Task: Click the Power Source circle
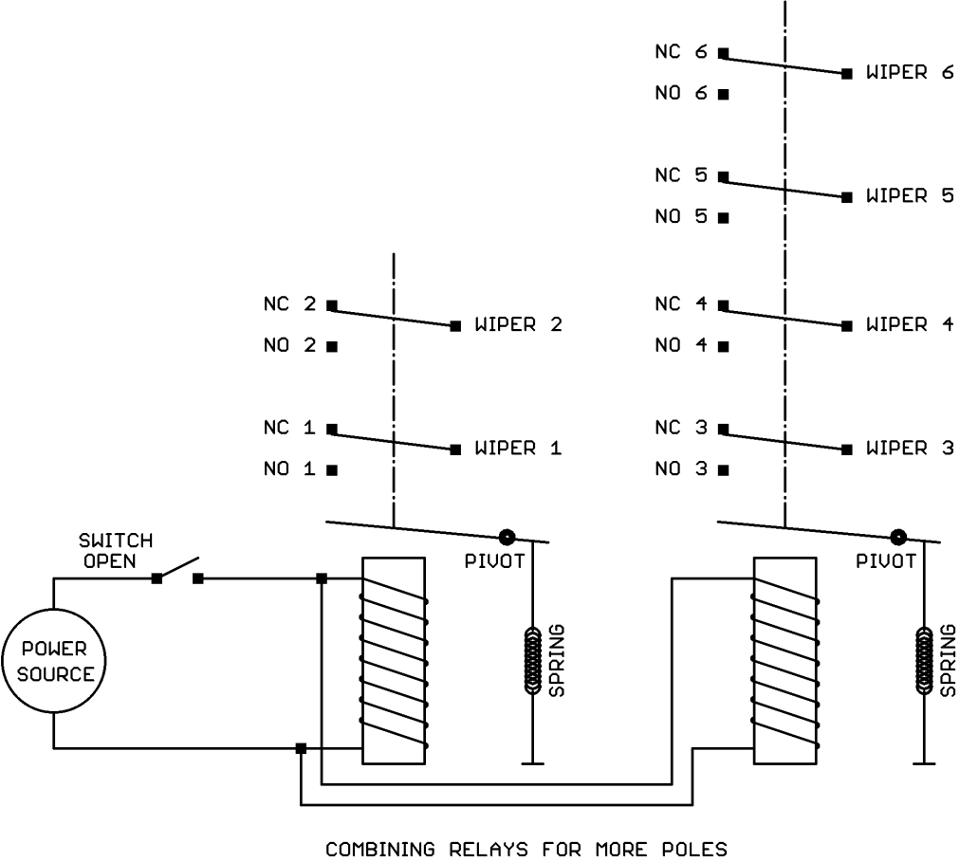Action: (53, 662)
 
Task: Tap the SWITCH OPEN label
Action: (116, 550)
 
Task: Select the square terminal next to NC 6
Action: (723, 53)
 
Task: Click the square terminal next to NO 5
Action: (723, 217)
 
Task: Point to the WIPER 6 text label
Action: (909, 73)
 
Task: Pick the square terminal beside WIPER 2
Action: (455, 325)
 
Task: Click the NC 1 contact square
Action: (332, 429)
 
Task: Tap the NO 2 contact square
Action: (332, 346)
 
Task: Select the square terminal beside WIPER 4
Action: (846, 325)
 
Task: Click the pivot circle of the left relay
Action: (507, 537)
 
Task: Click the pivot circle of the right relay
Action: (897, 537)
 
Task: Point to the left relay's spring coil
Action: (532, 660)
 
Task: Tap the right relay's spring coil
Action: (923, 660)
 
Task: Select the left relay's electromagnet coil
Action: (393, 660)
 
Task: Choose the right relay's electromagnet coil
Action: (784, 660)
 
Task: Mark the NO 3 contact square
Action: (723, 469)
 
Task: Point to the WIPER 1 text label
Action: (518, 449)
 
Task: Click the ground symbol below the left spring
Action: (532, 761)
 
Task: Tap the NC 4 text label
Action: (681, 304)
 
